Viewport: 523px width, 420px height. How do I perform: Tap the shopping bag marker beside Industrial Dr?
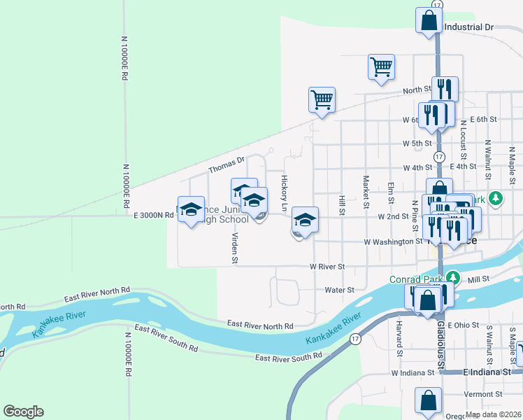[x=428, y=20]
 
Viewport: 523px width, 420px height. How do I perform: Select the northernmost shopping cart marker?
[x=381, y=67]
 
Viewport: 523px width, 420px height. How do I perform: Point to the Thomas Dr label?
[x=227, y=165]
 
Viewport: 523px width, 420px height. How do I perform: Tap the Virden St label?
[x=235, y=248]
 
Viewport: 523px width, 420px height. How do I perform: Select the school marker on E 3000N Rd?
[x=191, y=209]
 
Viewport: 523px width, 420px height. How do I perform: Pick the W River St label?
[x=328, y=267]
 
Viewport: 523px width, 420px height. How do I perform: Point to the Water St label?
[x=340, y=290]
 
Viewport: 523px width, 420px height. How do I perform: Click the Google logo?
[x=23, y=412]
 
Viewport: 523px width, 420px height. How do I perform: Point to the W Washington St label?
[x=393, y=241]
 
